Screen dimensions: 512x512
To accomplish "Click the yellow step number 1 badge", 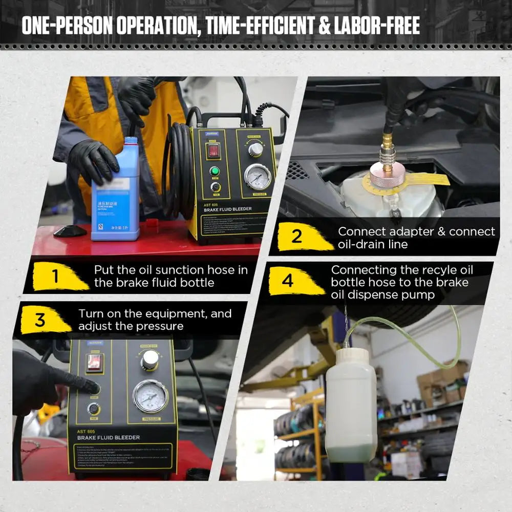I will (55, 277).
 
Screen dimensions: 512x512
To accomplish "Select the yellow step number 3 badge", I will (40, 320).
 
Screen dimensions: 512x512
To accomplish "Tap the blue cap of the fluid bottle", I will (131, 140).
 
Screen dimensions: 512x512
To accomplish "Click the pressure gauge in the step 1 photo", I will (258, 177).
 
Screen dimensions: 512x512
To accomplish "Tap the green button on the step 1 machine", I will (215, 171).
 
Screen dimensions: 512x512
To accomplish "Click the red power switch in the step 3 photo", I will (94, 362).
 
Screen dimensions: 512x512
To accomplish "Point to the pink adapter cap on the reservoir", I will (388, 173).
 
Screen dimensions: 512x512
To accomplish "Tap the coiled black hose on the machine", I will (179, 169).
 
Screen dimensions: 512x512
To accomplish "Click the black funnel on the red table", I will (70, 230).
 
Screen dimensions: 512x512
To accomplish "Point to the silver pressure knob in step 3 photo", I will (150, 359).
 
